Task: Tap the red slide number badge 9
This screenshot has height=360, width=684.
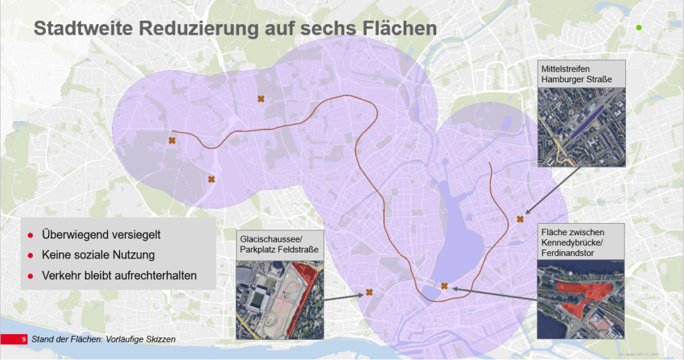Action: (24, 339)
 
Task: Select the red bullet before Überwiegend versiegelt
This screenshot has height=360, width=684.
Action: (30, 236)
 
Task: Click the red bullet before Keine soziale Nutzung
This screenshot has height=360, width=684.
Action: (30, 256)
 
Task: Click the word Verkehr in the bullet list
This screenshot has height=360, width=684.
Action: (61, 275)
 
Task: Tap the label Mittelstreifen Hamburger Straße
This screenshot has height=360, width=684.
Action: (580, 75)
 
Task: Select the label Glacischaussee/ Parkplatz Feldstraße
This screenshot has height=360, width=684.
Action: (279, 245)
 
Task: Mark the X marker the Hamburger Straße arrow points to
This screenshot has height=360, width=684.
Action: (520, 219)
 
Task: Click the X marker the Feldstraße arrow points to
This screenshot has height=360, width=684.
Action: (369, 293)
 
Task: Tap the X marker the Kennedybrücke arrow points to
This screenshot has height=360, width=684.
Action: (444, 286)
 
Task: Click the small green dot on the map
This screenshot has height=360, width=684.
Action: (639, 27)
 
